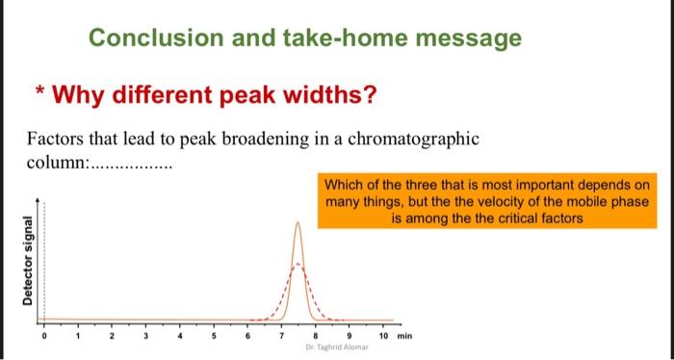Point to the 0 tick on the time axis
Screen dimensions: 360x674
pos(43,337)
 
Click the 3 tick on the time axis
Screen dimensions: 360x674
pos(144,337)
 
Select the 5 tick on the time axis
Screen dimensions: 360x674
pos(213,337)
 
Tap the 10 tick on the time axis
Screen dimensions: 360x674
pos(383,337)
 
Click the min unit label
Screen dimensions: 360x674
pos(405,337)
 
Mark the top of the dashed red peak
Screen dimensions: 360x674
pos(298,264)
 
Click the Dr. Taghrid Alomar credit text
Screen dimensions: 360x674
pos(330,347)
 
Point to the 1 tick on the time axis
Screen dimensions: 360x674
pos(77,337)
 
